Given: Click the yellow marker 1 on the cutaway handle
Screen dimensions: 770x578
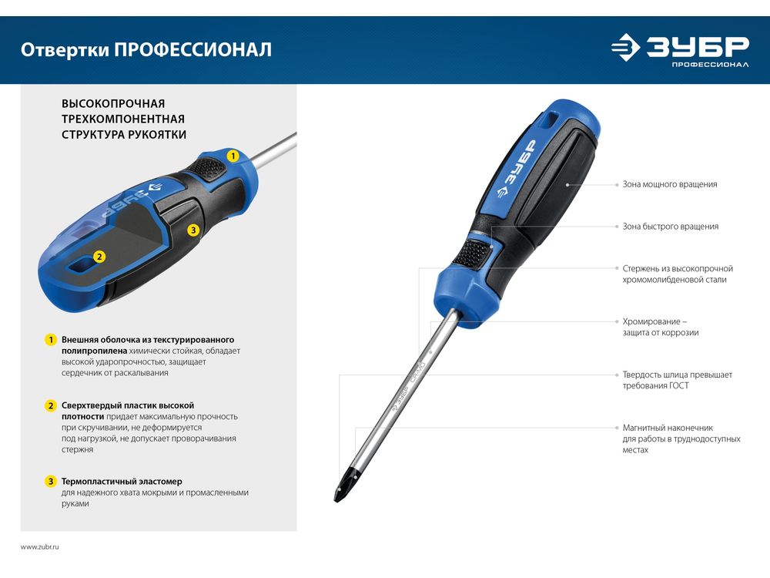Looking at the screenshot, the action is pos(233,156).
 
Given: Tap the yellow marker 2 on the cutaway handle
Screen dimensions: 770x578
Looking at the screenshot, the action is pos(99,257).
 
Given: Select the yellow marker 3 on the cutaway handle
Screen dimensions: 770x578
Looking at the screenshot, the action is pos(193,230).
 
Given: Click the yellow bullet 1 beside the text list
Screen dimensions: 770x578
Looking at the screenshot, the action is pos(51,340).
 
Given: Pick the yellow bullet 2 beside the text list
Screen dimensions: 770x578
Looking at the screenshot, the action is pos(51,405).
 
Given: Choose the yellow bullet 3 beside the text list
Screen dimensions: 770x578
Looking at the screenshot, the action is pos(51,481).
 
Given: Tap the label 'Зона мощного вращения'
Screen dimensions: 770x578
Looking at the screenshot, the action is pos(670,184).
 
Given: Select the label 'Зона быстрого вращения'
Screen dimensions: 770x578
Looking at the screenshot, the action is pos(671,227).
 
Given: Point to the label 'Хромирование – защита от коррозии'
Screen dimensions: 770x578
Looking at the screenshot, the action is pos(661,327).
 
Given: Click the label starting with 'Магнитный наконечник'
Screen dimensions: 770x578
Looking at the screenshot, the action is pos(681,439).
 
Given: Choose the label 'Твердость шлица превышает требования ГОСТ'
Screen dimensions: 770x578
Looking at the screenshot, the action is pos(677,380).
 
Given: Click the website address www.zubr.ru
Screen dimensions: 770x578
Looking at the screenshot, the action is pos(40,546).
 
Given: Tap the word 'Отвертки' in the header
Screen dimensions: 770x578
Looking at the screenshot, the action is pos(65,49).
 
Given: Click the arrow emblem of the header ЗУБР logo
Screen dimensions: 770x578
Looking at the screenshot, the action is pos(625,47).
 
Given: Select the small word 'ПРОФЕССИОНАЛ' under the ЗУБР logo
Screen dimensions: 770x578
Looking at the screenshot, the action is pos(710,65).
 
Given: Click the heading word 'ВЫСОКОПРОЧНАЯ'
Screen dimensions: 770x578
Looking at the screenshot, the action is pos(113,104).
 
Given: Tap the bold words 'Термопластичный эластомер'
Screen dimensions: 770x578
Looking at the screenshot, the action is pos(122,482).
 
